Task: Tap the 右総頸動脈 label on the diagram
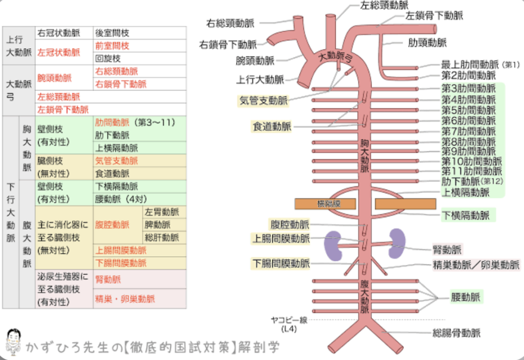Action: [230, 23]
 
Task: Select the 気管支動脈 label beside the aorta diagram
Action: [263, 101]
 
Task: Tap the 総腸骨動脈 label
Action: [456, 333]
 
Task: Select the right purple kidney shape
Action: [397, 242]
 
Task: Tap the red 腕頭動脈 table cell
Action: [55, 78]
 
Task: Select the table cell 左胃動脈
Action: [162, 212]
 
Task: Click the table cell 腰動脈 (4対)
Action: [121, 199]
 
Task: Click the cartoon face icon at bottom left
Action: [13, 341]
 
